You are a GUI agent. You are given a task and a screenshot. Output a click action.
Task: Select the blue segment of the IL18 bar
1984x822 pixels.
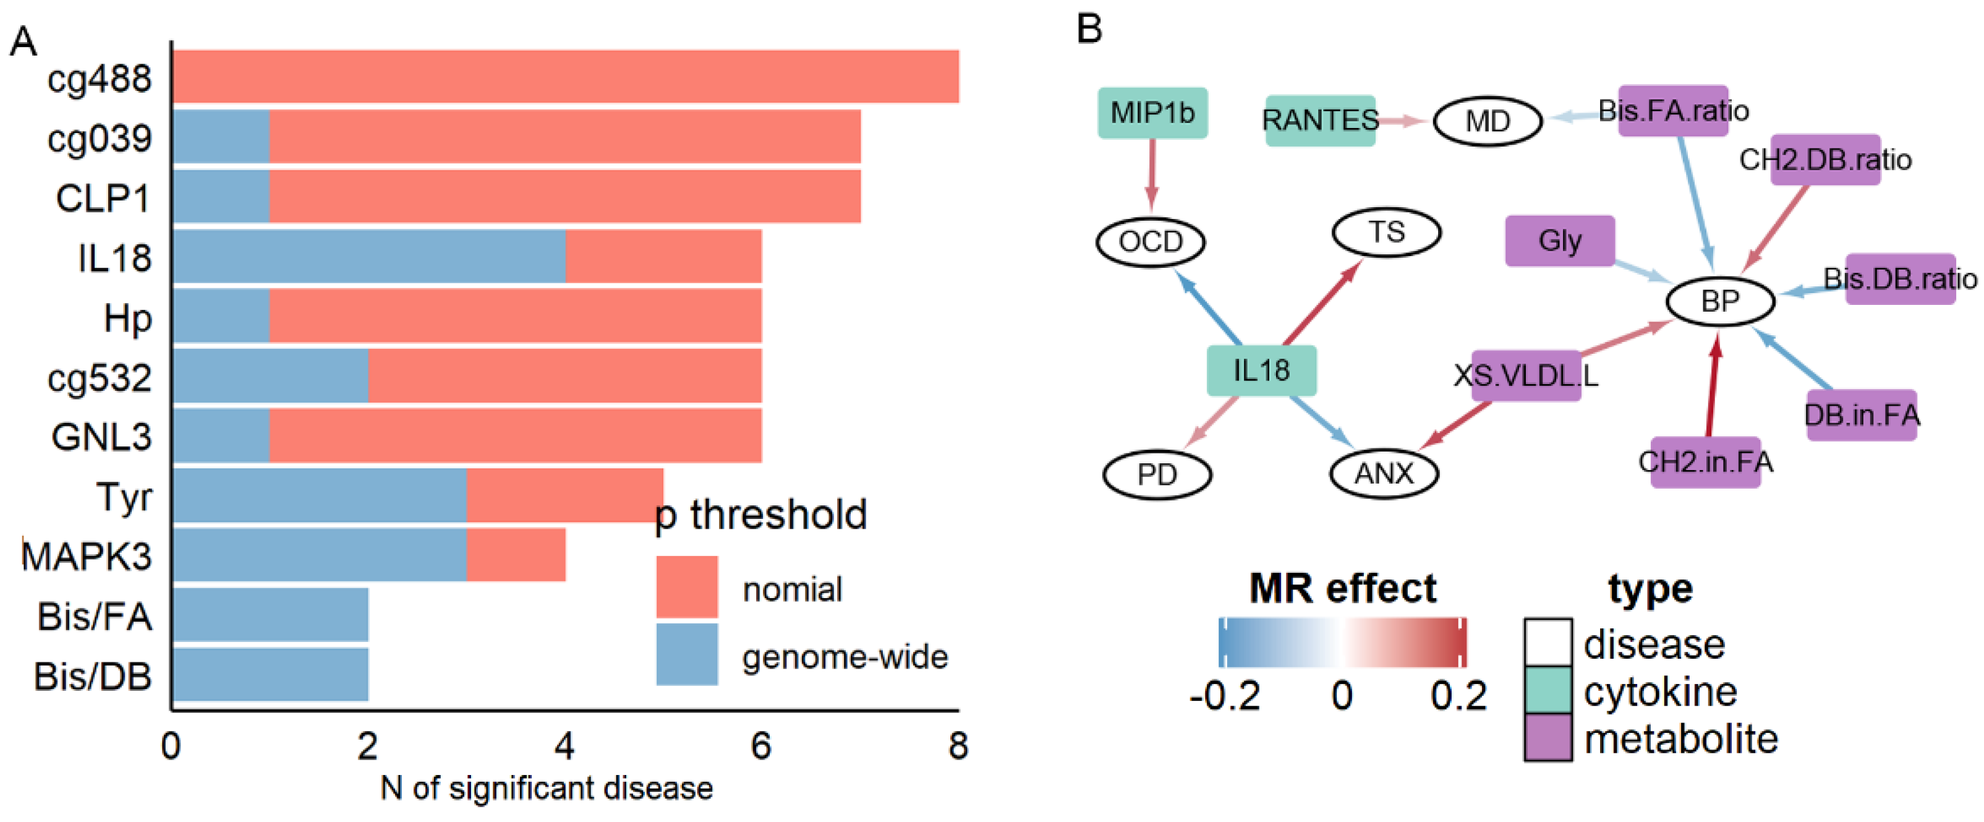click(x=369, y=257)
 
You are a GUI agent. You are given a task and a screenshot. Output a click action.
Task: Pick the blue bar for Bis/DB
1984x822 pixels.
click(x=270, y=675)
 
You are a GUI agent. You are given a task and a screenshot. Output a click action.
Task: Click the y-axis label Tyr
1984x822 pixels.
click(x=123, y=497)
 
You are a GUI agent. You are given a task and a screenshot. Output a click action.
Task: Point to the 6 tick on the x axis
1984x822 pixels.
click(x=761, y=746)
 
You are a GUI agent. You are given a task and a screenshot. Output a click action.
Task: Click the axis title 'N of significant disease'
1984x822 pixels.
click(x=546, y=788)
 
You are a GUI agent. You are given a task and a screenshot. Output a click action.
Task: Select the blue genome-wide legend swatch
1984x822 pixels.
click(x=686, y=654)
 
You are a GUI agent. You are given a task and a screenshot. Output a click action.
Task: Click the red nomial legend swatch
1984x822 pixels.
click(x=686, y=587)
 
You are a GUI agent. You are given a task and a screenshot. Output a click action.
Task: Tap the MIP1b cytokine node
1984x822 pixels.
click(x=1152, y=113)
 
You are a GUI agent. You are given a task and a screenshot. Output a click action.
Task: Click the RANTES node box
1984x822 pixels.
click(x=1320, y=120)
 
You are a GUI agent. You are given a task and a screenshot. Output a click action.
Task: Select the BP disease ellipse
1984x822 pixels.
click(x=1720, y=301)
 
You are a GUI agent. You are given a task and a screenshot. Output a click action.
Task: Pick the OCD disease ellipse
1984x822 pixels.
click(x=1151, y=242)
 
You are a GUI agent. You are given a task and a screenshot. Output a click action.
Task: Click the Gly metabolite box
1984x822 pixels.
click(x=1560, y=241)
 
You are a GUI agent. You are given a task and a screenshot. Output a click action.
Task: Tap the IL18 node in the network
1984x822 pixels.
click(x=1261, y=370)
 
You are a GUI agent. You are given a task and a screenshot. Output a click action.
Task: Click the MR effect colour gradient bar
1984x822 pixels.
click(x=1342, y=642)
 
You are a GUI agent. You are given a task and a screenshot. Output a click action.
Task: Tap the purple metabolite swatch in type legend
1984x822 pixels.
click(x=1548, y=737)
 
